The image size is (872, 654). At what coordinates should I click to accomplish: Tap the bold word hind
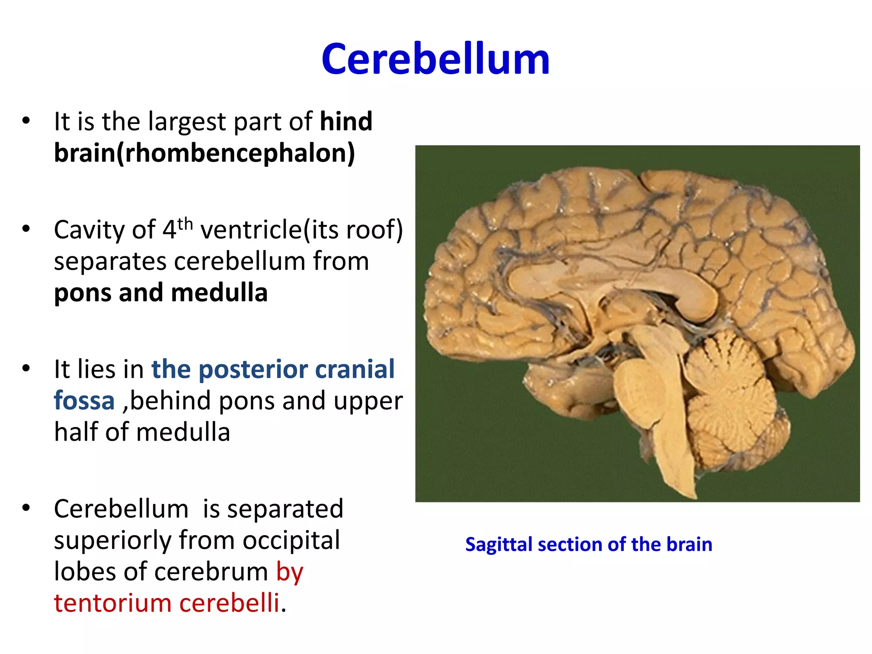tap(346, 121)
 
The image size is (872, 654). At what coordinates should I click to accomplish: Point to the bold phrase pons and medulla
tap(161, 293)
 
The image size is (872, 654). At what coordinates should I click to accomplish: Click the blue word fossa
tap(84, 401)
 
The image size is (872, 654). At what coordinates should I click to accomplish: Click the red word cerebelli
tap(229, 603)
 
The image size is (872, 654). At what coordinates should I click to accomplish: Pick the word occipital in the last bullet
tap(291, 540)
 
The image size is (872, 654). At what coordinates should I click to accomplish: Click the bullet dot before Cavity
tap(26, 229)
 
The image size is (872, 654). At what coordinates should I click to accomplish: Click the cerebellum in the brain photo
tap(732, 400)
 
